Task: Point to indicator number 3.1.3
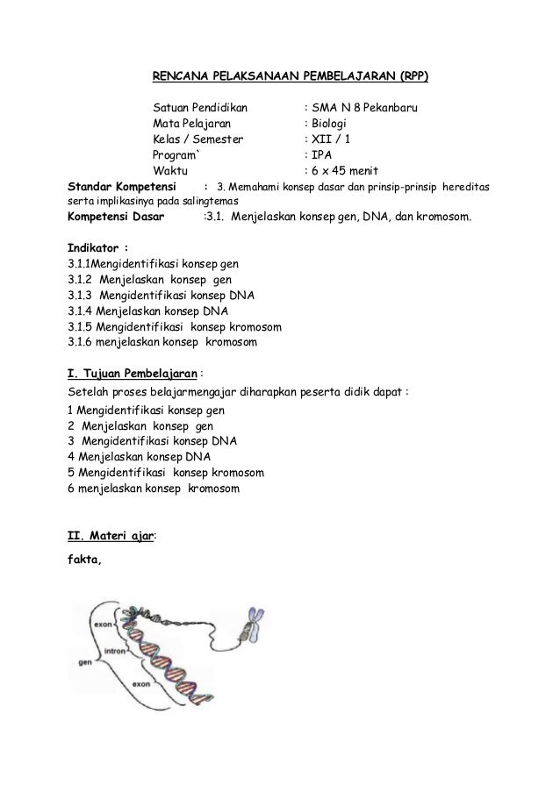pos(81,295)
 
